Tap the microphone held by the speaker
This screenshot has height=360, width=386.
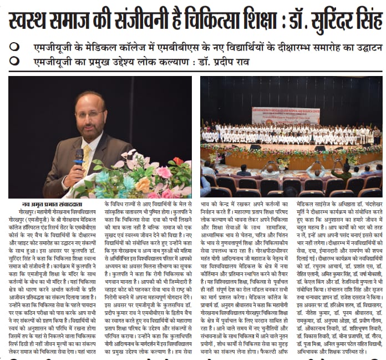point(78,156)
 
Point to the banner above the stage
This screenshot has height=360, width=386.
point(286,115)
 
